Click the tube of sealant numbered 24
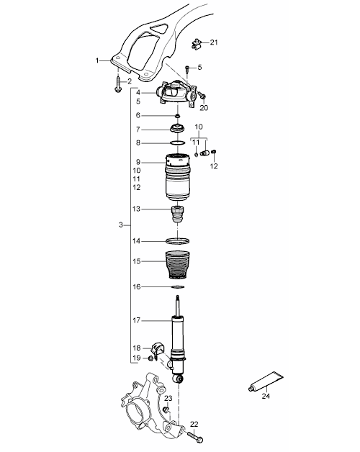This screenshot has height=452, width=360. coord(266,381)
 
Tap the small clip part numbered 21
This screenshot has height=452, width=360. coord(196,44)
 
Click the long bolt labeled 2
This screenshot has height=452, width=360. coord(117,84)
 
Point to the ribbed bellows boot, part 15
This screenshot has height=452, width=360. coord(178,265)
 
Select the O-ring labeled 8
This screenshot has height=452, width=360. coord(177,143)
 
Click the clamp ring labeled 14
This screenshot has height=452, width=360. coord(178,241)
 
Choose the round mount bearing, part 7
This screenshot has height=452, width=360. coord(177,128)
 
